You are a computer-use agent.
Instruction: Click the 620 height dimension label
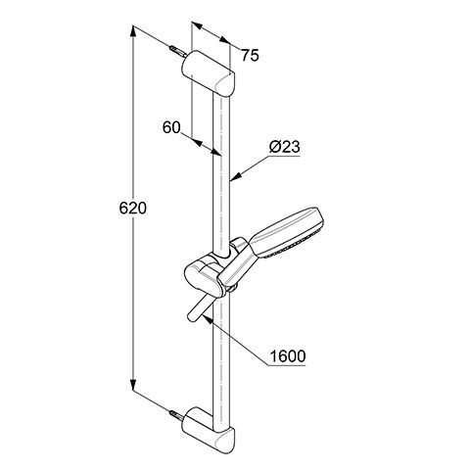[133, 208]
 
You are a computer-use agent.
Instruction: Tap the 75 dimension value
[250, 56]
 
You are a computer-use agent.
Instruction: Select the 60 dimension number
[171, 127]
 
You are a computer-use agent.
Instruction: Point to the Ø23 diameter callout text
[284, 147]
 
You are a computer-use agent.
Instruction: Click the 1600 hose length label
[288, 356]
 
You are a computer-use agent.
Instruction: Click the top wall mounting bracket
[209, 73]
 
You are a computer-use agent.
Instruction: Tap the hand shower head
[287, 232]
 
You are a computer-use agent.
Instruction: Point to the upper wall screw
[178, 52]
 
